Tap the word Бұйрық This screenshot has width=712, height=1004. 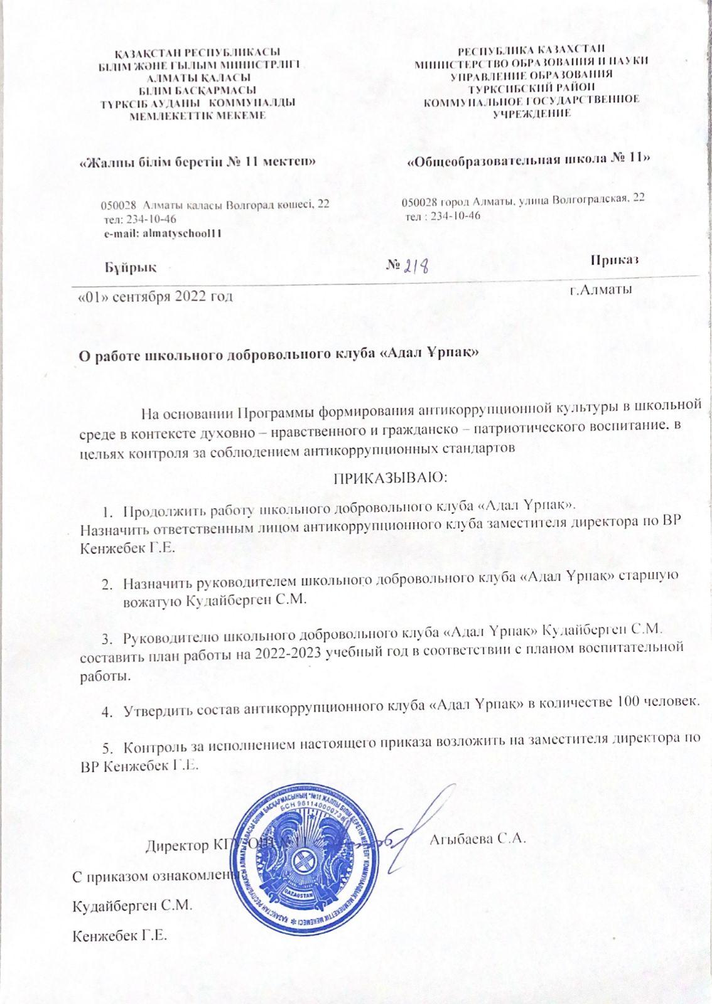tap(131, 266)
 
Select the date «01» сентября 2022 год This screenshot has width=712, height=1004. tap(154, 296)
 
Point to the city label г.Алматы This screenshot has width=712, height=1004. tap(600, 289)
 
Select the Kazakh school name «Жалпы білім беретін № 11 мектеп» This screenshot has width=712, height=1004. tap(196, 161)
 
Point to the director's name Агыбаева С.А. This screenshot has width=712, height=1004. tap(477, 839)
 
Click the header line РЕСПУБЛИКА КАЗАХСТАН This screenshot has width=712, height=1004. tap(531, 50)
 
